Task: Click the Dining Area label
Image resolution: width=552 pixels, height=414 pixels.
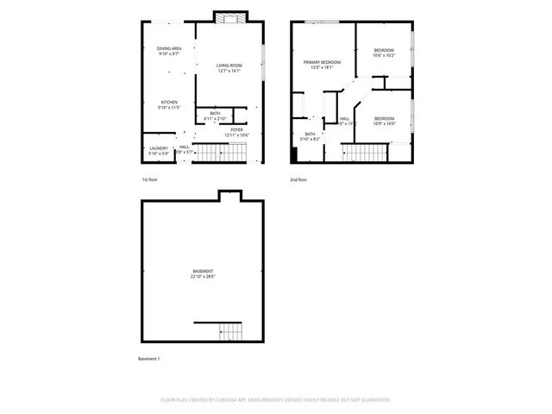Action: (168, 48)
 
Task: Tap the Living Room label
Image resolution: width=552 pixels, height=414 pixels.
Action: (229, 66)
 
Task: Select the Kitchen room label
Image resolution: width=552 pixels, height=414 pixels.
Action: (168, 102)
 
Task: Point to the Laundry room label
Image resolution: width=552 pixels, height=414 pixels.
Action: (158, 147)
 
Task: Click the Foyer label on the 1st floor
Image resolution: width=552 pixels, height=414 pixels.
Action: (236, 129)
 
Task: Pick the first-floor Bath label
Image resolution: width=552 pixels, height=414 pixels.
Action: (215, 113)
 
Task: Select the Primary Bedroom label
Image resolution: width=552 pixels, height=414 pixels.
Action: (322, 62)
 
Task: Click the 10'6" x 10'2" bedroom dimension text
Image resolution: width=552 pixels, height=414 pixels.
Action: (384, 55)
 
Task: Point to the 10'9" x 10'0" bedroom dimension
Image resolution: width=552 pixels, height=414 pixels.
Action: (384, 123)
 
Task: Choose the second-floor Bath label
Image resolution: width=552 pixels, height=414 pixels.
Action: (310, 134)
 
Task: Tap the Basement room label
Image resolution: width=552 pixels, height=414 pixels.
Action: (203, 271)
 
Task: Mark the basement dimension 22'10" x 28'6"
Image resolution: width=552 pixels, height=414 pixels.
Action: (203, 277)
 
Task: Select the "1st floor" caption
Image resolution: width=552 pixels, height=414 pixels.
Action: (150, 179)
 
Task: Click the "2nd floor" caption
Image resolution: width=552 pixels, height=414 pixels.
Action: (298, 179)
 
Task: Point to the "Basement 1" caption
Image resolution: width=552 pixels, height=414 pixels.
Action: (149, 358)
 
